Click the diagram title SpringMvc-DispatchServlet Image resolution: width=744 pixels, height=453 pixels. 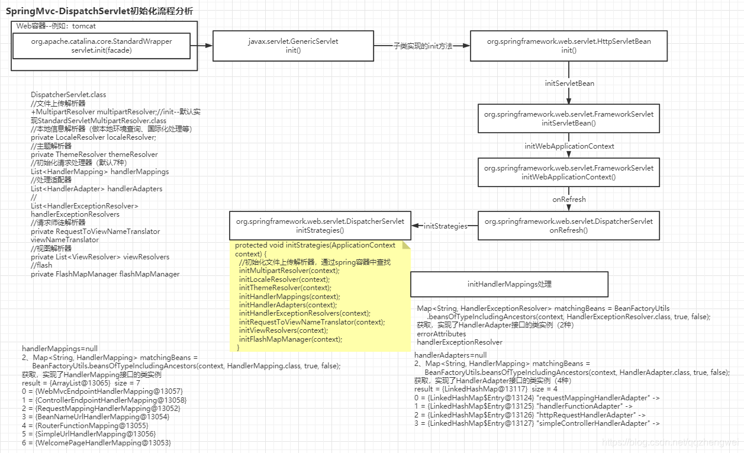coord(99,11)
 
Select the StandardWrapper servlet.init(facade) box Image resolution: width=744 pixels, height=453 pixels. coord(101,46)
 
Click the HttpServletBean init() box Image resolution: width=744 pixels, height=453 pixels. coord(568,46)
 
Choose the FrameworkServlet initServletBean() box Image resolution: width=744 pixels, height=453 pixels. coord(568,118)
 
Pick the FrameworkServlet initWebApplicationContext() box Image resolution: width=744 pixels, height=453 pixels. coord(568,172)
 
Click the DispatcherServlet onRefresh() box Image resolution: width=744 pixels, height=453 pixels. coord(568,226)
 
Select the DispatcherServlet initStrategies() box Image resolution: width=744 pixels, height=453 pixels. coord(320,226)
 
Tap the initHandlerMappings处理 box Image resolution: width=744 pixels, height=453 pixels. coord(509,284)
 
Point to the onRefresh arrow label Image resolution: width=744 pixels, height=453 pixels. coord(569,200)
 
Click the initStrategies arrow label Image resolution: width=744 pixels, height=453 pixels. coord(445,226)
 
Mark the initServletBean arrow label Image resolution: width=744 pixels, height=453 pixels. coord(569,83)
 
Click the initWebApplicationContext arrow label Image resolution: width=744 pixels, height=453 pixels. coord(569,146)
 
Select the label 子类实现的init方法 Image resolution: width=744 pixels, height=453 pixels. coord(423,46)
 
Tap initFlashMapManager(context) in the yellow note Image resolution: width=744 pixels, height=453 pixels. coord(290,339)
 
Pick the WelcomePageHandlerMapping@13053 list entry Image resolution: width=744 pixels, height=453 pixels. coord(96,442)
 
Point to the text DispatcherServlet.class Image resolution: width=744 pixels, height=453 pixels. coord(69,95)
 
